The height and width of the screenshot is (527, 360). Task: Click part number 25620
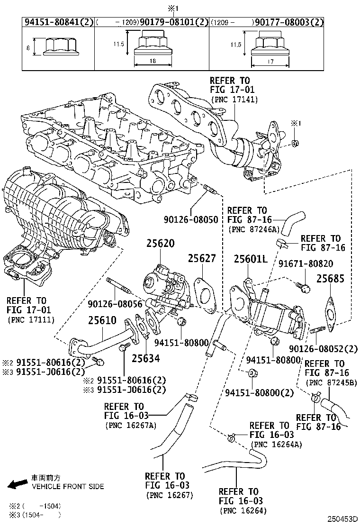pos(160,244)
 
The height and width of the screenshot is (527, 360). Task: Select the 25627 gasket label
pos(201,259)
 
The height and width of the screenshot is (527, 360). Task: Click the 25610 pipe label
pos(102,320)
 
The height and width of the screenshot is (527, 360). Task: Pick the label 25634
pos(145,359)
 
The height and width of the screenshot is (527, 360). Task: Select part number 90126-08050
pos(191,220)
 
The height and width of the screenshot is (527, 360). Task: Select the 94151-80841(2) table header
pos(58,22)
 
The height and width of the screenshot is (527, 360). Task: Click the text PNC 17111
pos(31,320)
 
